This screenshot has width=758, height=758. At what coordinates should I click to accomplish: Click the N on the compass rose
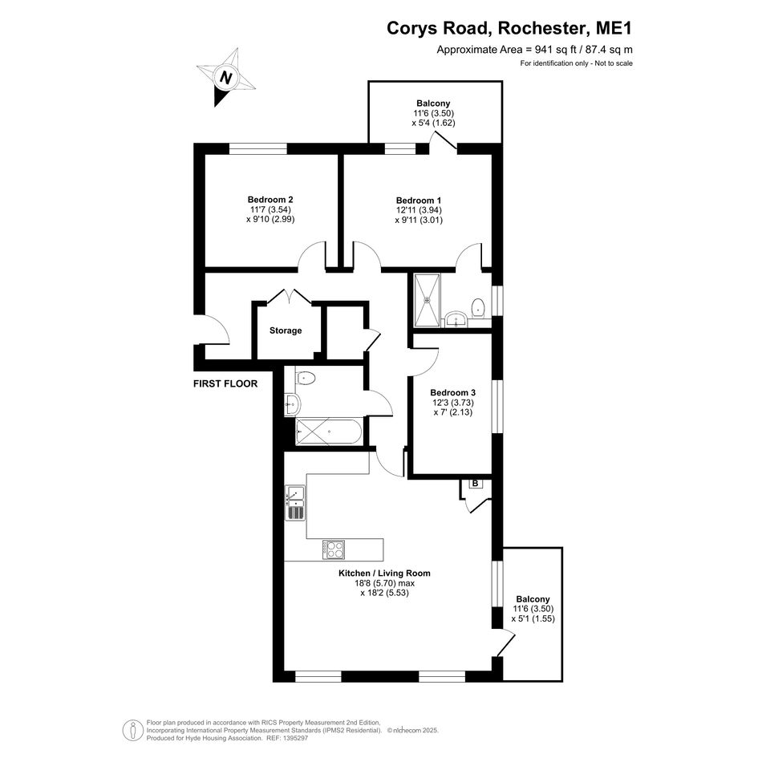pyautogui.click(x=225, y=77)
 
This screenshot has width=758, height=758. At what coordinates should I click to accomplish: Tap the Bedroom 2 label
pyautogui.click(x=270, y=199)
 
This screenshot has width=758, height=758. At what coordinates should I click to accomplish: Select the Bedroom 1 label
pyautogui.click(x=419, y=201)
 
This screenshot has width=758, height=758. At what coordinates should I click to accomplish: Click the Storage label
pyautogui.click(x=286, y=330)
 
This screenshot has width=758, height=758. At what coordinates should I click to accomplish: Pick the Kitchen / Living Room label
pyautogui.click(x=384, y=574)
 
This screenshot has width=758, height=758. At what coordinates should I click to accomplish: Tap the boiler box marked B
pyautogui.click(x=475, y=484)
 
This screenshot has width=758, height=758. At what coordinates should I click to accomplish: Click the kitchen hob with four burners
pyautogui.click(x=334, y=549)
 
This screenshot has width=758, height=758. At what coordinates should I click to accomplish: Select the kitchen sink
pyautogui.click(x=295, y=503)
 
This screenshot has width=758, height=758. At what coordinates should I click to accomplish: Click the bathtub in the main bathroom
pyautogui.click(x=328, y=432)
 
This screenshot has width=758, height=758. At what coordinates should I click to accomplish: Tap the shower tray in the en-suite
pyautogui.click(x=428, y=300)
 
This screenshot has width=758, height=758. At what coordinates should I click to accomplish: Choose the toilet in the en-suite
pyautogui.click(x=478, y=307)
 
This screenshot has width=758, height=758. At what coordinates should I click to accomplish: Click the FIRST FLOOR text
pyautogui.click(x=225, y=384)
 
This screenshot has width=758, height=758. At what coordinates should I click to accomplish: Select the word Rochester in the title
pyautogui.click(x=542, y=28)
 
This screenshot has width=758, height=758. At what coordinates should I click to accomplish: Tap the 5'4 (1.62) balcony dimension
pyautogui.click(x=433, y=123)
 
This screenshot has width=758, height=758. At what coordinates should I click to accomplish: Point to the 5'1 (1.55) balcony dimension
pyautogui.click(x=533, y=618)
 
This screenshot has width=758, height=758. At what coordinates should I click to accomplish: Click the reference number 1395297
pyautogui.click(x=297, y=738)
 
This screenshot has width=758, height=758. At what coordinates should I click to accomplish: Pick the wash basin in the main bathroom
pyautogui.click(x=291, y=404)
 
